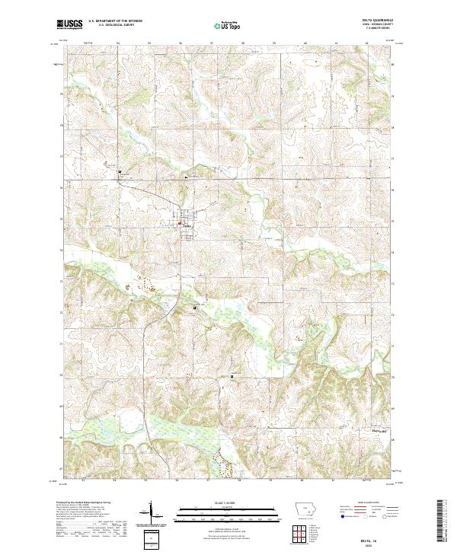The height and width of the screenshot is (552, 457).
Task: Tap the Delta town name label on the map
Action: (x=187, y=226)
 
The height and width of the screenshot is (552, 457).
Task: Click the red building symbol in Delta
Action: (x=180, y=223)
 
